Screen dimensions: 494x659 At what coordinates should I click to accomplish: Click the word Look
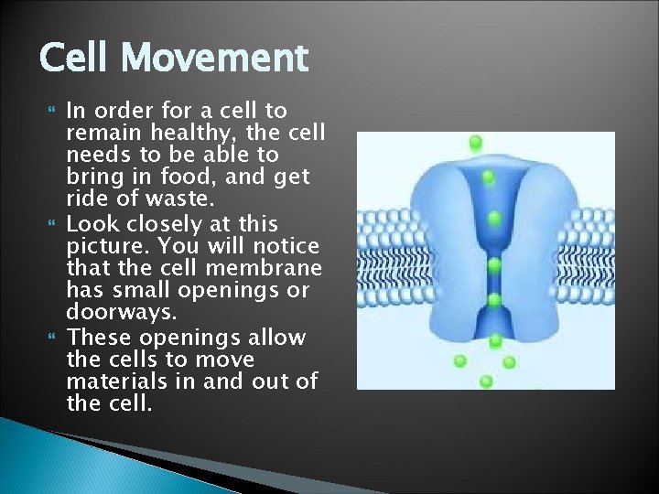[x=91, y=223]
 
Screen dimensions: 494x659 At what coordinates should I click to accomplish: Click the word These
[x=96, y=337]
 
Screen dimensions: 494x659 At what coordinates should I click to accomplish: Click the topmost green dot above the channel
[x=475, y=142]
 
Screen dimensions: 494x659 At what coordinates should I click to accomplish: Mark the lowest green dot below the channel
[x=486, y=381]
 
